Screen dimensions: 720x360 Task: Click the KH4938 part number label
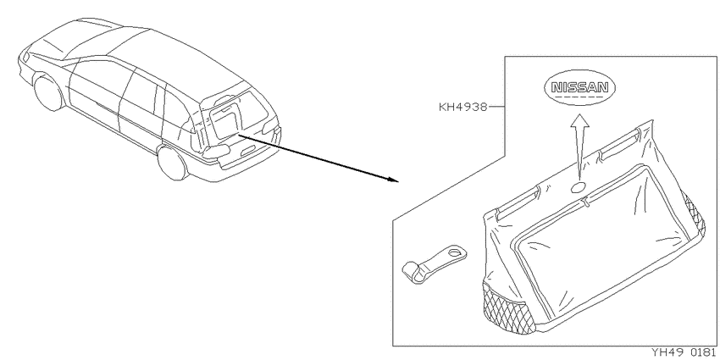click(x=462, y=108)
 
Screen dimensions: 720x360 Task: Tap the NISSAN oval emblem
click(x=579, y=88)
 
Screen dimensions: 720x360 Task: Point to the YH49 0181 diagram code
click(x=684, y=352)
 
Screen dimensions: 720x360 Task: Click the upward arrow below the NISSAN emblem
click(x=580, y=147)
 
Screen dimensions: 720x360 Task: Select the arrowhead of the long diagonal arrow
click(x=392, y=179)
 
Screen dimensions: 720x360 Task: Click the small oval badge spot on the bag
click(x=578, y=187)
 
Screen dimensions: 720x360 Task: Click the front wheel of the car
click(x=49, y=93)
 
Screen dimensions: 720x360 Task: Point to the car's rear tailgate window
click(x=240, y=112)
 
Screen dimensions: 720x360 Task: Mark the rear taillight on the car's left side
click(x=216, y=152)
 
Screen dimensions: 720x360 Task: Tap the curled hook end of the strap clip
click(x=412, y=272)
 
